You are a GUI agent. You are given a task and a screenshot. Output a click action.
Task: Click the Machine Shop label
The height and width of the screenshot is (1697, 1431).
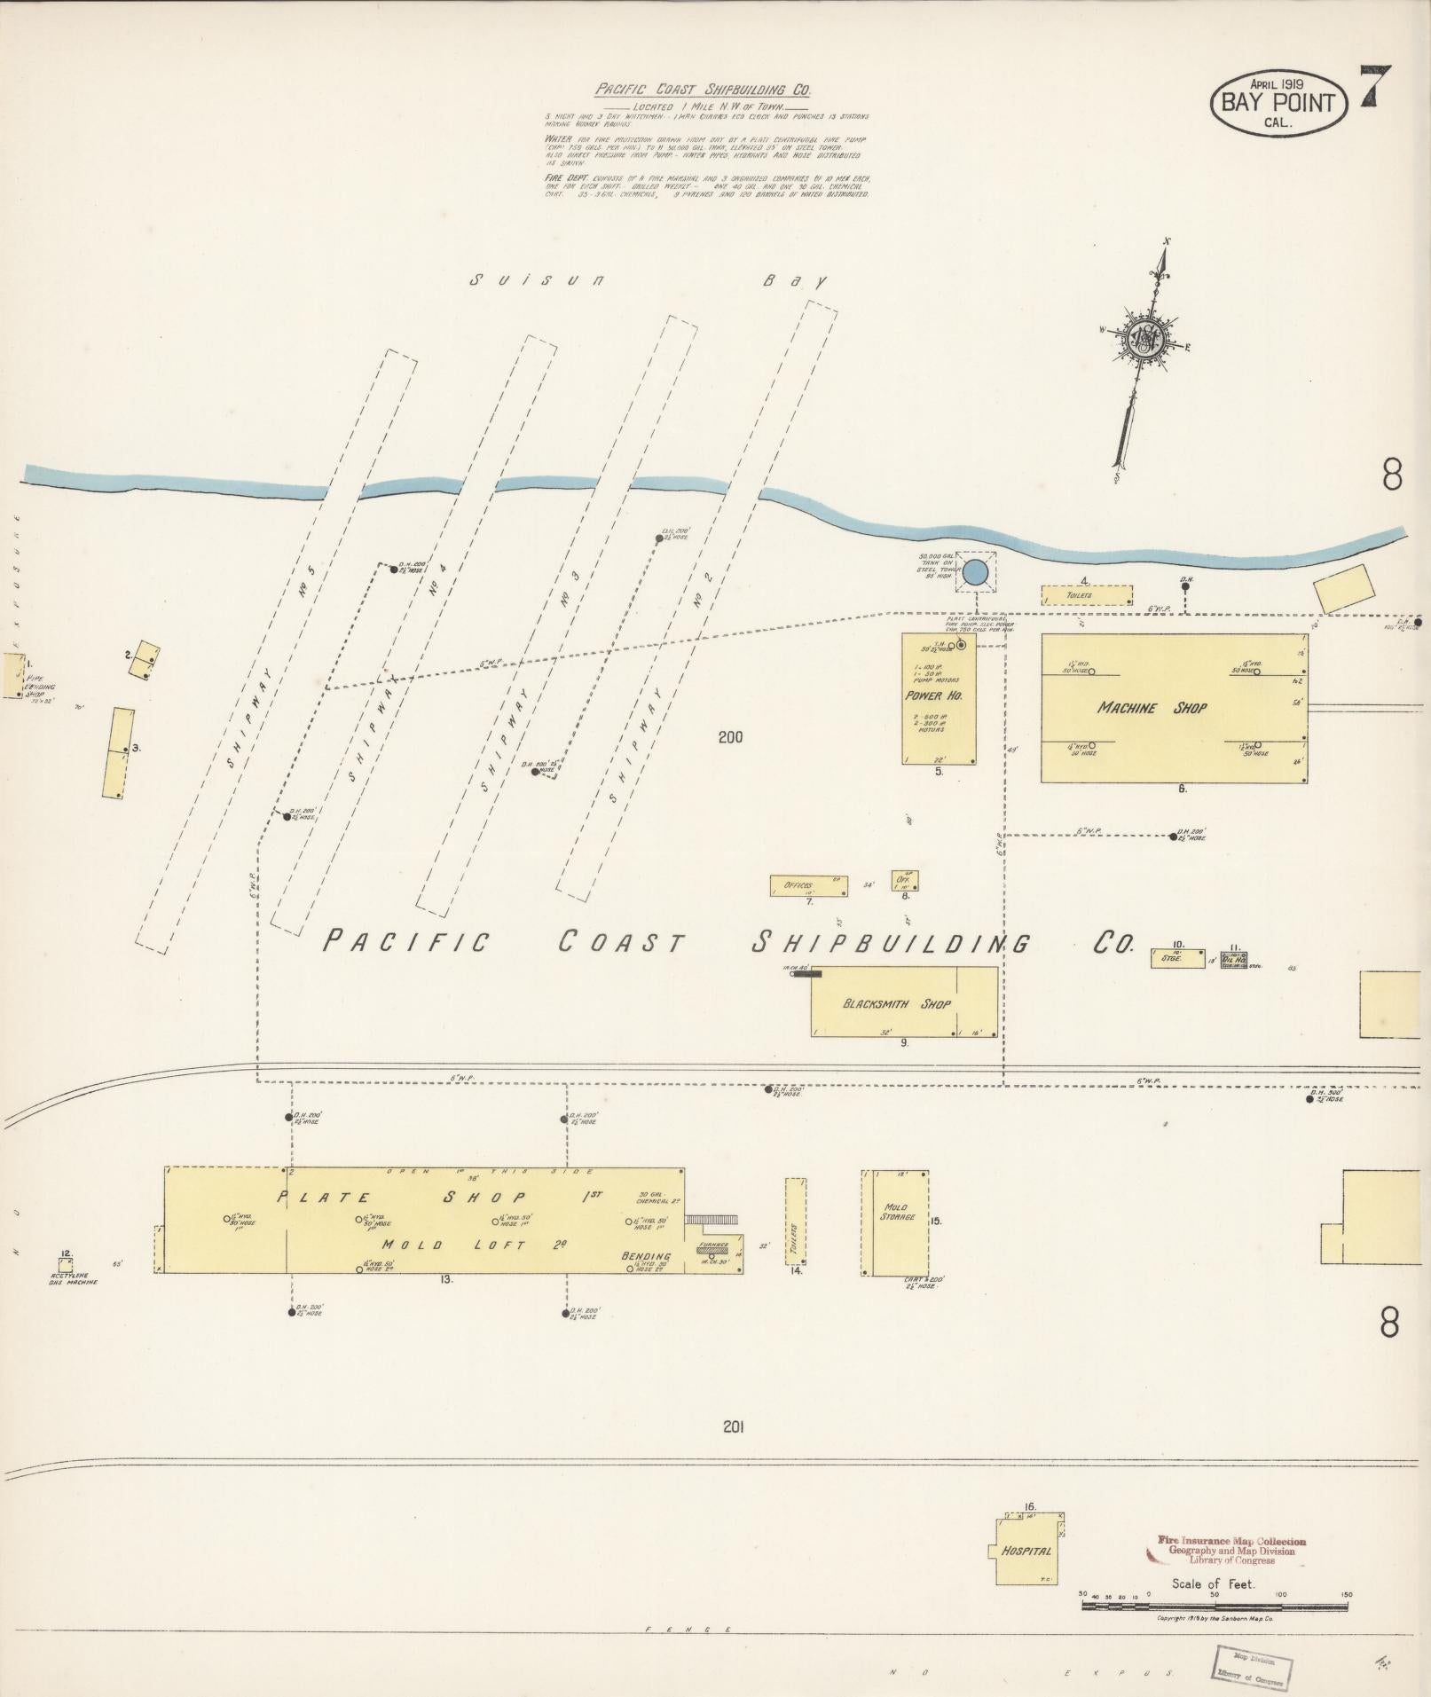[1151, 708]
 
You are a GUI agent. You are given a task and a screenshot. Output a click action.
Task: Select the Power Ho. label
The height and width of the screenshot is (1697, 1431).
[940, 695]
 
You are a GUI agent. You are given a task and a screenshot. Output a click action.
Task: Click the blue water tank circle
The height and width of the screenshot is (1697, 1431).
[975, 572]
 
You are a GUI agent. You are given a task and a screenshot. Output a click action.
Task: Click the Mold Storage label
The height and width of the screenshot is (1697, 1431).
[896, 1212]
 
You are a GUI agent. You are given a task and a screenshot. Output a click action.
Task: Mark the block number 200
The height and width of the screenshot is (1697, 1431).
[731, 737]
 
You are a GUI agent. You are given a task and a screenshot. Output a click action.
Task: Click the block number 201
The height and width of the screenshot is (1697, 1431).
[732, 1426]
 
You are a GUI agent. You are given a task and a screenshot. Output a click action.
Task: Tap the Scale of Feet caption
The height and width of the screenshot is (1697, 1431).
[1212, 1583]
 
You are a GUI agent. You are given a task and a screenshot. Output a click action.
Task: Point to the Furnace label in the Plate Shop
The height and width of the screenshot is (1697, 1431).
[712, 1245]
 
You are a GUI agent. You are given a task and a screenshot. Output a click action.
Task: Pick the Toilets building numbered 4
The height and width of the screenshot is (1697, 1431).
[1086, 595]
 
